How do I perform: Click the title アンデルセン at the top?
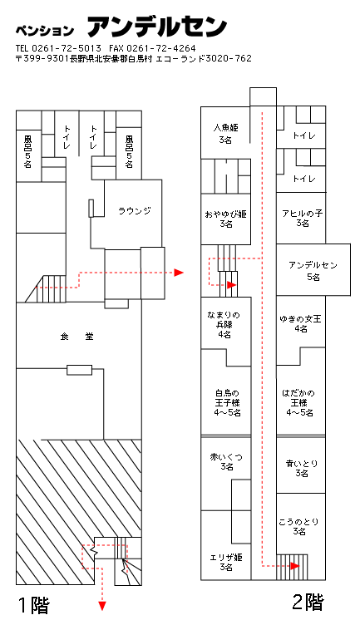tap(157, 26)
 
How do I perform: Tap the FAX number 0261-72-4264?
tap(161, 48)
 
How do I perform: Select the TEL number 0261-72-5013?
tap(67, 48)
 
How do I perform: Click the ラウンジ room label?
tap(135, 211)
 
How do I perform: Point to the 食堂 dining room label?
tap(76, 337)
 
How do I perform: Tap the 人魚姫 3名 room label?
tap(225, 134)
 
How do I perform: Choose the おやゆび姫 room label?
tap(225, 219)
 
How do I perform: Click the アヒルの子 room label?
tap(303, 218)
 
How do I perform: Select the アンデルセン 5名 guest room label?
tap(313, 270)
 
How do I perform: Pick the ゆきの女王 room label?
tap(300, 323)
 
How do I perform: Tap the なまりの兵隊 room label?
tap(224, 325)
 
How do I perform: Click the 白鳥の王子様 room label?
tap(228, 402)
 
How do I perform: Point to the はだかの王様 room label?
tap(299, 402)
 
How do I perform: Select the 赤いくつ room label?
tap(226, 462)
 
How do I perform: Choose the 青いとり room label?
tap(302, 468)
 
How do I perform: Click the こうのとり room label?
tap(298, 526)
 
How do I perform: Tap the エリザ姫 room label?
tap(226, 562)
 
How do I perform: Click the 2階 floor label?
tap(308, 603)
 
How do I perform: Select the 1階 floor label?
tap(34, 605)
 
